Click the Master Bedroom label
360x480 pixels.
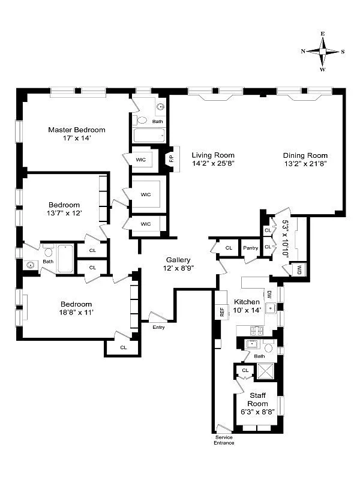pyautogui.click(x=77, y=130)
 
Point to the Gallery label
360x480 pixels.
pyautogui.click(x=179, y=259)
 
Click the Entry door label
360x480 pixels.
pyautogui.click(x=158, y=327)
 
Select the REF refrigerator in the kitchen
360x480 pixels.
pyautogui.click(x=221, y=311)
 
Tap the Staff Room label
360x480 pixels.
pyautogui.click(x=258, y=400)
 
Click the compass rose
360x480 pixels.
pyautogui.click(x=323, y=52)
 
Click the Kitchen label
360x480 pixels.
pyautogui.click(x=247, y=302)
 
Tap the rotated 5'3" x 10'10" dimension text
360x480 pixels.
pyautogui.click(x=285, y=238)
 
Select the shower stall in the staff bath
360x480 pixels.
pyautogui.click(x=263, y=372)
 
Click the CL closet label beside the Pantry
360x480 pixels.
pyautogui.click(x=229, y=248)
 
